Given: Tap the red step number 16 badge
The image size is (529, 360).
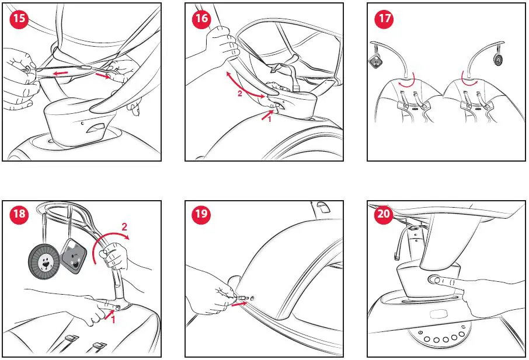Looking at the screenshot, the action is (201, 19).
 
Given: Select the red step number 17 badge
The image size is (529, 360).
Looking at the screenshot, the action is (384, 19).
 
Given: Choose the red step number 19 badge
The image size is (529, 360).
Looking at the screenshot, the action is (201, 214).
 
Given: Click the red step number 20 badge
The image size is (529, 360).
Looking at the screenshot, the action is (384, 214).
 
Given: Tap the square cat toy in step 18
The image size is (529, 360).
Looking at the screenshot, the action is (74, 256).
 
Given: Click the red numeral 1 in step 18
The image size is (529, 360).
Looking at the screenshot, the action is (113, 319).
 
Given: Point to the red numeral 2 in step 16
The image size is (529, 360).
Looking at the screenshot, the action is (240, 93).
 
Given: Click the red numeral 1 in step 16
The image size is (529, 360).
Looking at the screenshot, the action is (269, 118).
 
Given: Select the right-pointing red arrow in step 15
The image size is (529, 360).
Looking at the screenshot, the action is (103, 75).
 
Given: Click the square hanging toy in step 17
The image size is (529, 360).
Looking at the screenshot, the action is (375, 62).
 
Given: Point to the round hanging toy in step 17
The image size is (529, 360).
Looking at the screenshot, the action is (498, 60).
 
